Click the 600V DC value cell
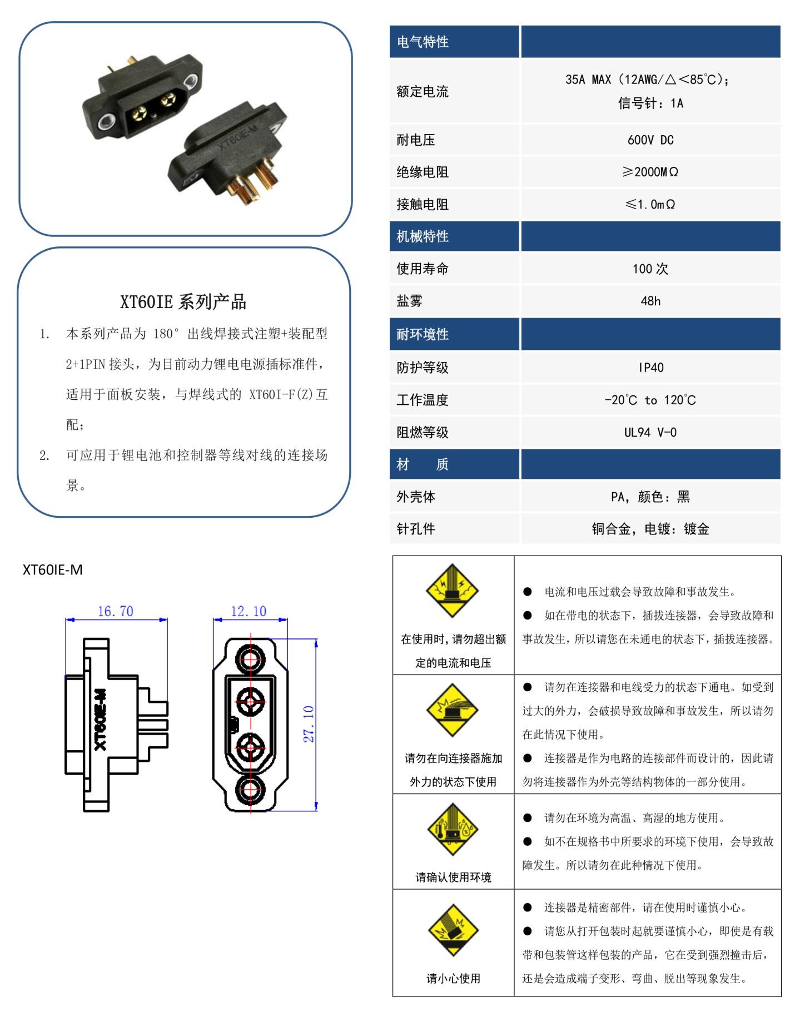coord(650,140)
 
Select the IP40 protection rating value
coord(650,368)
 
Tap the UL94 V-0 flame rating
coord(650,432)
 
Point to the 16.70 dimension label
coord(116,611)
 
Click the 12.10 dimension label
coord(249,611)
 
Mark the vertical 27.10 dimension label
coord(309,723)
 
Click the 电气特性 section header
coord(423,42)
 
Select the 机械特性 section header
coord(423,236)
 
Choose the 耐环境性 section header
coord(423,334)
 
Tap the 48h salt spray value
coord(650,301)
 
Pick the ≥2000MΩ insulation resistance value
coord(650,172)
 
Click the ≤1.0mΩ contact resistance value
coord(650,204)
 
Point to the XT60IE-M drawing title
coord(53,569)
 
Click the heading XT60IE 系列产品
coord(183,302)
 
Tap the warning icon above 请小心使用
coord(453,930)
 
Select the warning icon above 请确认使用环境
coord(453,830)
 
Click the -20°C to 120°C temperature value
coord(650,400)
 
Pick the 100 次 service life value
coord(650,269)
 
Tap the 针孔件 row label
coord(416,528)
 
